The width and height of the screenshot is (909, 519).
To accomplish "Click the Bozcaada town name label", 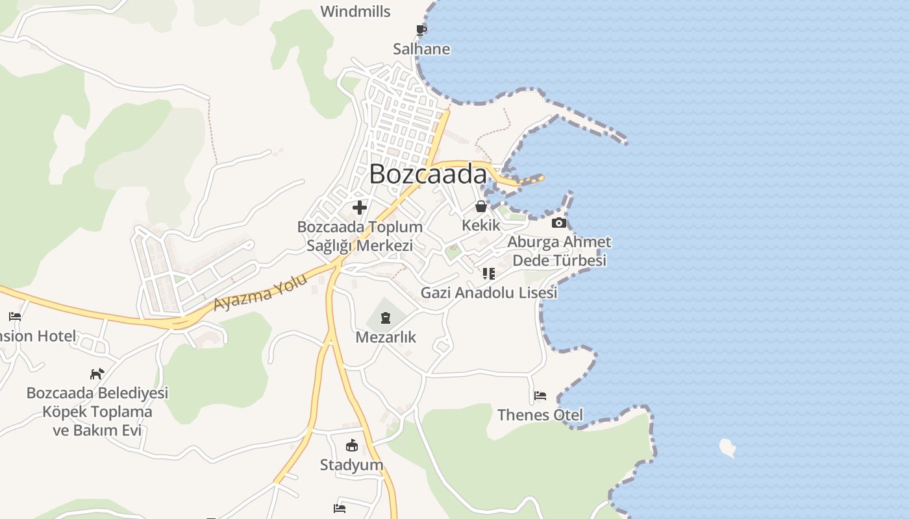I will (428, 174).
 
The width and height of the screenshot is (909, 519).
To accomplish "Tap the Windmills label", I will (355, 12).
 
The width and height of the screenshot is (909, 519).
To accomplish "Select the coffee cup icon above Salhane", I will (421, 30).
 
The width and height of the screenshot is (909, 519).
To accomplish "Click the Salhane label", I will (421, 49).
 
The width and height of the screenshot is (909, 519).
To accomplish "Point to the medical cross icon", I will (359, 208).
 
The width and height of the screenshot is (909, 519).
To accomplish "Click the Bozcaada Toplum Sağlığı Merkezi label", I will (360, 236).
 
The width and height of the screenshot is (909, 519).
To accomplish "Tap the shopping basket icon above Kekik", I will (481, 206).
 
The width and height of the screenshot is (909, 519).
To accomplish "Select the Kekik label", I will (481, 225).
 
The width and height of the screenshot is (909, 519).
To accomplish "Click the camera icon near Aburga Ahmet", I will (558, 223).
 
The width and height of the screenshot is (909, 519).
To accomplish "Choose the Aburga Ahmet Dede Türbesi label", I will (559, 251).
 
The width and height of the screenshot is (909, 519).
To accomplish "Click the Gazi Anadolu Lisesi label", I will (489, 293).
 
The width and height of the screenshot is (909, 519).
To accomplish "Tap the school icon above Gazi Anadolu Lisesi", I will (489, 274).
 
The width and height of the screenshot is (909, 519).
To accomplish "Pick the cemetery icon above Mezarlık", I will (386, 318).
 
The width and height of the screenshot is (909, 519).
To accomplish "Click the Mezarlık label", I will (386, 337).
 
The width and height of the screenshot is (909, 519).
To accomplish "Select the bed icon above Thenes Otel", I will (540, 396).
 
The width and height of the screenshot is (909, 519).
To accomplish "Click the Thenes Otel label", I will (540, 415).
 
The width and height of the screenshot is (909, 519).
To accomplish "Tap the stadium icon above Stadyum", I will (352, 446).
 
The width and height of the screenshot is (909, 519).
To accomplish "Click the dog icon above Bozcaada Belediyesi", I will (97, 374).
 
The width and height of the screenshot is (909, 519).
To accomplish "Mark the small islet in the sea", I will (728, 447).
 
